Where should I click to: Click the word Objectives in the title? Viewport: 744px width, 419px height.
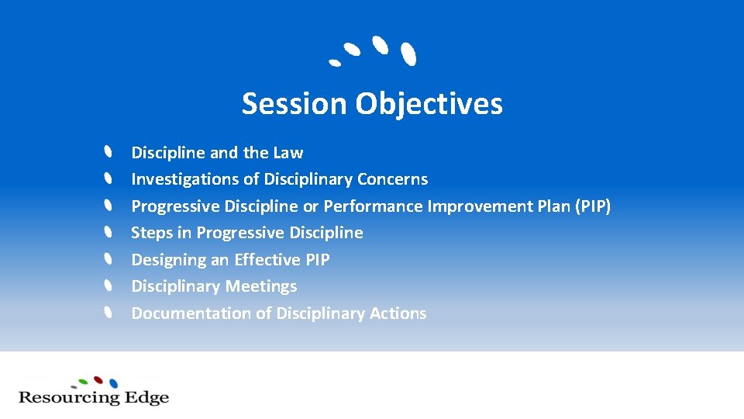pos(429,103)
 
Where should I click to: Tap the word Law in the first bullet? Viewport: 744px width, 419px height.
pos(288,153)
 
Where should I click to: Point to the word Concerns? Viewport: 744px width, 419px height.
pos(392,179)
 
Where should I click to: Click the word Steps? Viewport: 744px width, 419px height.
pos(152,233)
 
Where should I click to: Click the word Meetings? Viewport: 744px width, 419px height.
pos(262,286)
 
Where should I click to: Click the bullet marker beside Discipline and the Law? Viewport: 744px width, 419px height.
pos(109,151)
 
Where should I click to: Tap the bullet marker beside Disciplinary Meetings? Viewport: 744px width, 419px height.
pos(109,286)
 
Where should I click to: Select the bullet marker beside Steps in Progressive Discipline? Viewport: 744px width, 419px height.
pos(109,232)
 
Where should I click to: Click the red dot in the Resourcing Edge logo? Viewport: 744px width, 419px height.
pos(98,379)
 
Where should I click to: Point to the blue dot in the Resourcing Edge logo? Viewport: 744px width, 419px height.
pos(114,383)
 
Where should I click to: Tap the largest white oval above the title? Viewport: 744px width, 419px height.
pos(408,54)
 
